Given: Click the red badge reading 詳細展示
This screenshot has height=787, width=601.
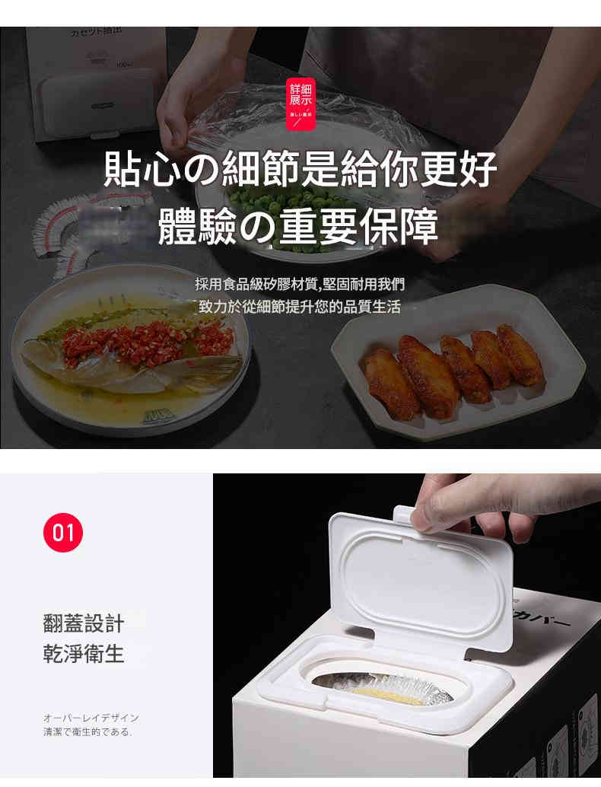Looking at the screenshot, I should pyautogui.click(x=301, y=100).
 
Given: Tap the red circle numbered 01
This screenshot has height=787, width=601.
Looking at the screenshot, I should pyautogui.click(x=63, y=532).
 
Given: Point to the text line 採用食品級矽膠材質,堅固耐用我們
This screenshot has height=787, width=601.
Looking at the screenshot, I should pyautogui.click(x=300, y=284).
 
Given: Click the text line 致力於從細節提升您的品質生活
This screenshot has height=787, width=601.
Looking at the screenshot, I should pyautogui.click(x=300, y=307).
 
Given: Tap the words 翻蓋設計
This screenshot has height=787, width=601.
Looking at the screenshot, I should pyautogui.click(x=84, y=623).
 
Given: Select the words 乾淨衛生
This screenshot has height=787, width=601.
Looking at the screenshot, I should pyautogui.click(x=84, y=654).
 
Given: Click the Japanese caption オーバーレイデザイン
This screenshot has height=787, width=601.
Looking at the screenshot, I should pyautogui.click(x=91, y=718).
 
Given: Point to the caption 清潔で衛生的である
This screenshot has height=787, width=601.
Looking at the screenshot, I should pyautogui.click(x=87, y=732).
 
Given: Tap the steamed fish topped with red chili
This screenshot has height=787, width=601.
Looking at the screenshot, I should pyautogui.click(x=133, y=350).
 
